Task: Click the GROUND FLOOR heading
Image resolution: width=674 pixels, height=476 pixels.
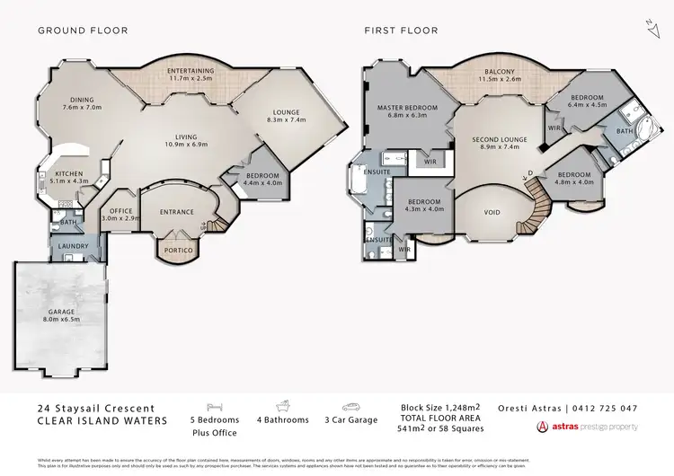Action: point(83,31)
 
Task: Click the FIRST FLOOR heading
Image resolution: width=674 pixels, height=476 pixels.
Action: point(401,31)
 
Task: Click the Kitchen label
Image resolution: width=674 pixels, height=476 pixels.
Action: point(69,177)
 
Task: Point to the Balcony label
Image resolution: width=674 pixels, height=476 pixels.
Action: point(500,74)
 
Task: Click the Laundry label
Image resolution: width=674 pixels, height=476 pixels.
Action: point(69,244)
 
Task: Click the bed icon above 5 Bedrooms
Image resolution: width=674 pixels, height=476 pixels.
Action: point(214,406)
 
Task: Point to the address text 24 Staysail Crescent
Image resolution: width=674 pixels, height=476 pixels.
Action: point(91,408)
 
